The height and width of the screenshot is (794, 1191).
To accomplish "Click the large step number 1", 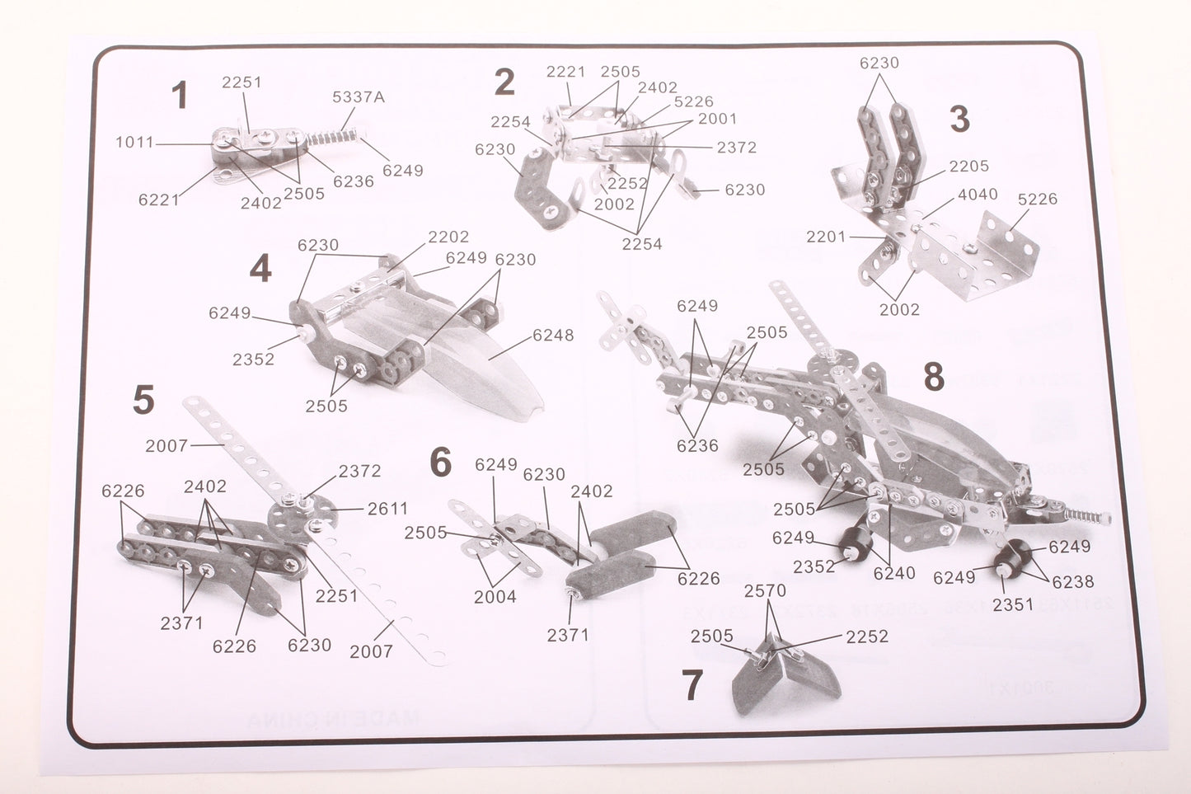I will tap(179, 96).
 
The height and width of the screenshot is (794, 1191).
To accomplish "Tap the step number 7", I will tap(692, 685).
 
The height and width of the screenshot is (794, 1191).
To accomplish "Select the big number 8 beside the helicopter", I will tap(933, 378).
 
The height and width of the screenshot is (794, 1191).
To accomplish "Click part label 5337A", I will tap(359, 97).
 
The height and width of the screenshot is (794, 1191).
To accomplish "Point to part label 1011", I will tap(134, 143).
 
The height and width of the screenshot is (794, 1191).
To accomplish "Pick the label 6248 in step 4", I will tap(553, 335).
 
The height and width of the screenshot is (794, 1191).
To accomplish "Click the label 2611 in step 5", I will tap(387, 509).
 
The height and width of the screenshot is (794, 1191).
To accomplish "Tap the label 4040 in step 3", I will tap(977, 195).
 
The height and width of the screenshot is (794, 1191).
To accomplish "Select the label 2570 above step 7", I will tap(765, 590).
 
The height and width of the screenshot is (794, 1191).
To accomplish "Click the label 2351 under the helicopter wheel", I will tap(1013, 604).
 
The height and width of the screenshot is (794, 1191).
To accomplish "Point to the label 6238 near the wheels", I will tap(1072, 581).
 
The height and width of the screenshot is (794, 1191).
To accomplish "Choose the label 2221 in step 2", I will tap(566, 73).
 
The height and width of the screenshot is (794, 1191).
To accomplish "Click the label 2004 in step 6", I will tap(495, 597).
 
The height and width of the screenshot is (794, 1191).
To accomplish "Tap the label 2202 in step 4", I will tap(448, 237).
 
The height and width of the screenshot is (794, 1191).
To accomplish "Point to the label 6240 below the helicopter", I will tap(894, 573).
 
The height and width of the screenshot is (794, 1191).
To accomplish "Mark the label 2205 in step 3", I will tap(968, 167).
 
